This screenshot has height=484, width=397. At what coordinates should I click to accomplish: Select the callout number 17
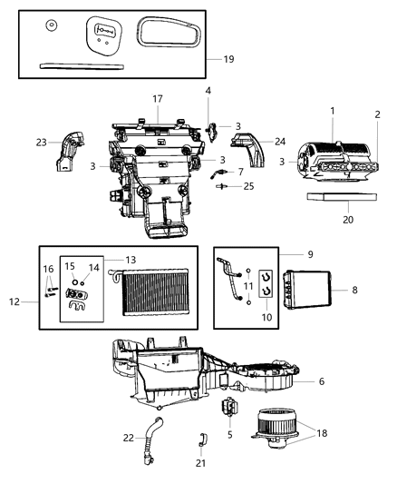(157, 98)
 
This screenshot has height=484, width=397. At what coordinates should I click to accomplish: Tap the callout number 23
(42, 142)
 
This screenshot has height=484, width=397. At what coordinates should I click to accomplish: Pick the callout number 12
(12, 301)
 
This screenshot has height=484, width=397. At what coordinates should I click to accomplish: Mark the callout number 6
(321, 381)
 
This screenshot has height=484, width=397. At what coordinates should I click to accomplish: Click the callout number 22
(130, 437)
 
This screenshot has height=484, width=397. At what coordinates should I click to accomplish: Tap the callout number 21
(200, 463)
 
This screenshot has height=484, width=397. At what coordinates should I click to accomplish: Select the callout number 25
(249, 186)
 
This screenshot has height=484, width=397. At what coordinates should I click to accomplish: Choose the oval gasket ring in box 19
(169, 39)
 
